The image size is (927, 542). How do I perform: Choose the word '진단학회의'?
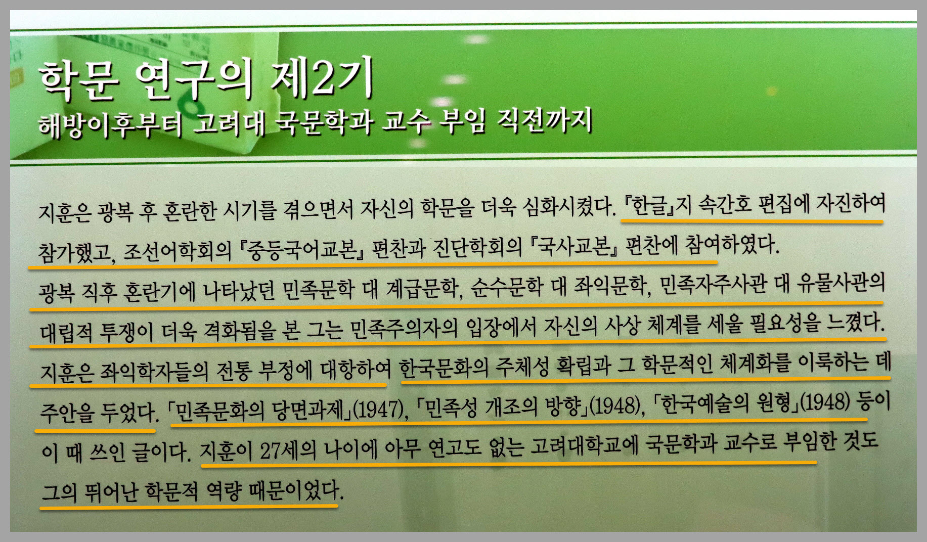[x=477, y=248]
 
